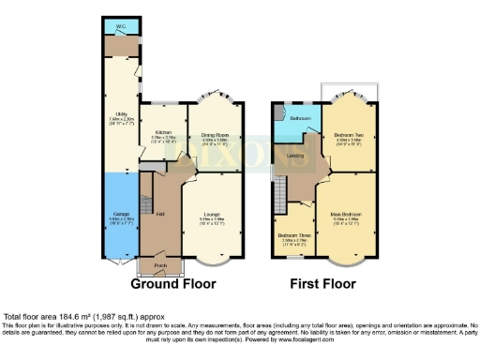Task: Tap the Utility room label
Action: coord(121,115)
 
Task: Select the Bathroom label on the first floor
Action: coord(299,119)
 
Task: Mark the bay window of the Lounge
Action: coord(217,260)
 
